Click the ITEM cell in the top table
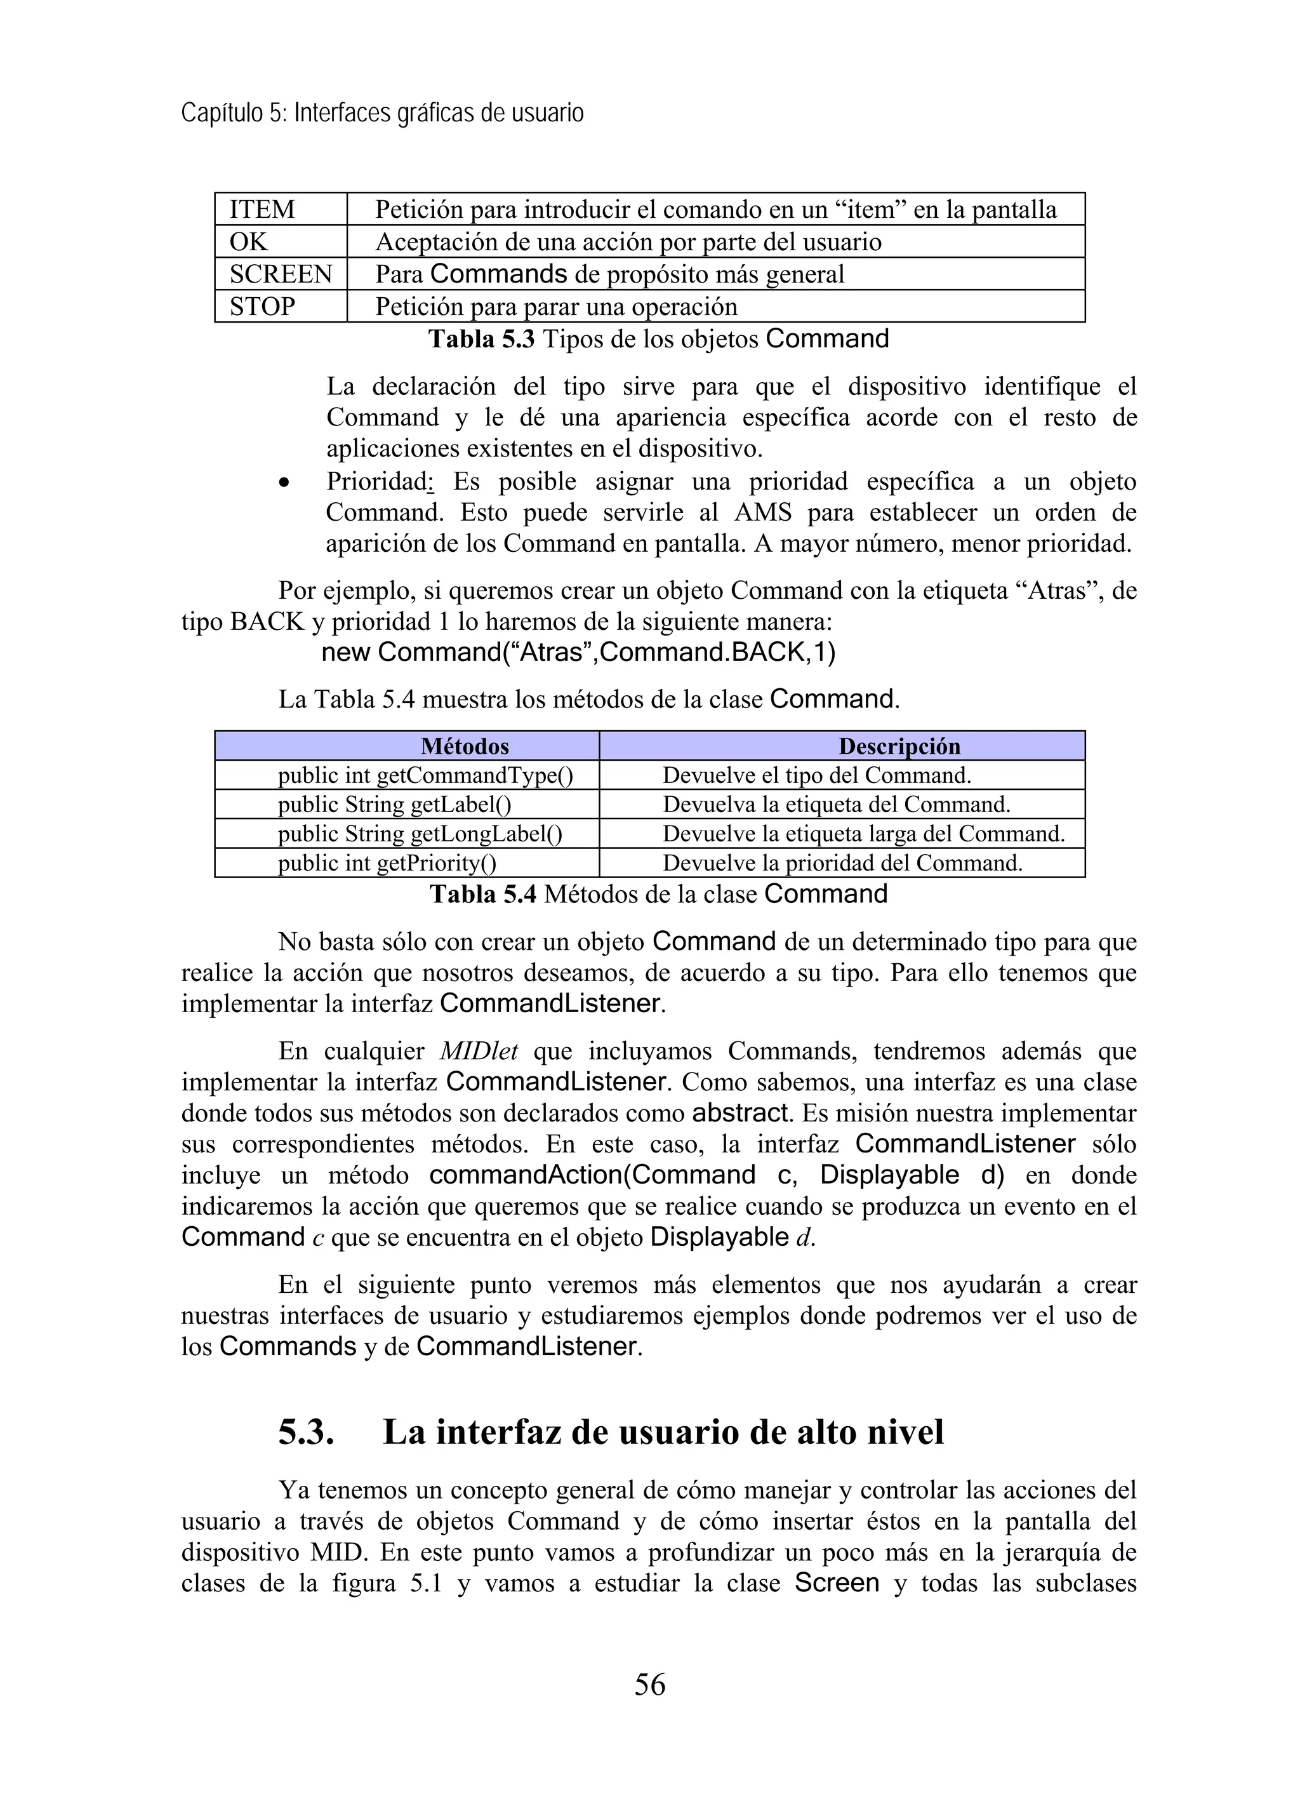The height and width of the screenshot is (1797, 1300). (262, 210)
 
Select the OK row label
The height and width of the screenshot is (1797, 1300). (249, 243)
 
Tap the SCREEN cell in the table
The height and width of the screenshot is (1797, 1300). (281, 274)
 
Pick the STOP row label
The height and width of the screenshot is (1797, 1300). (262, 307)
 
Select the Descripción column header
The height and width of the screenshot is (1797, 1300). (899, 746)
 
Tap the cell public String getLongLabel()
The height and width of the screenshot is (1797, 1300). (420, 834)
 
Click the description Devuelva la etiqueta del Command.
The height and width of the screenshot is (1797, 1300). (837, 805)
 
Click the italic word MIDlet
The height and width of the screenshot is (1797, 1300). (479, 1052)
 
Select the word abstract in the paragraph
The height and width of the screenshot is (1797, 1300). (741, 1113)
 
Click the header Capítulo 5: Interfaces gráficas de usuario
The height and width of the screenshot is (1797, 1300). (382, 113)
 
